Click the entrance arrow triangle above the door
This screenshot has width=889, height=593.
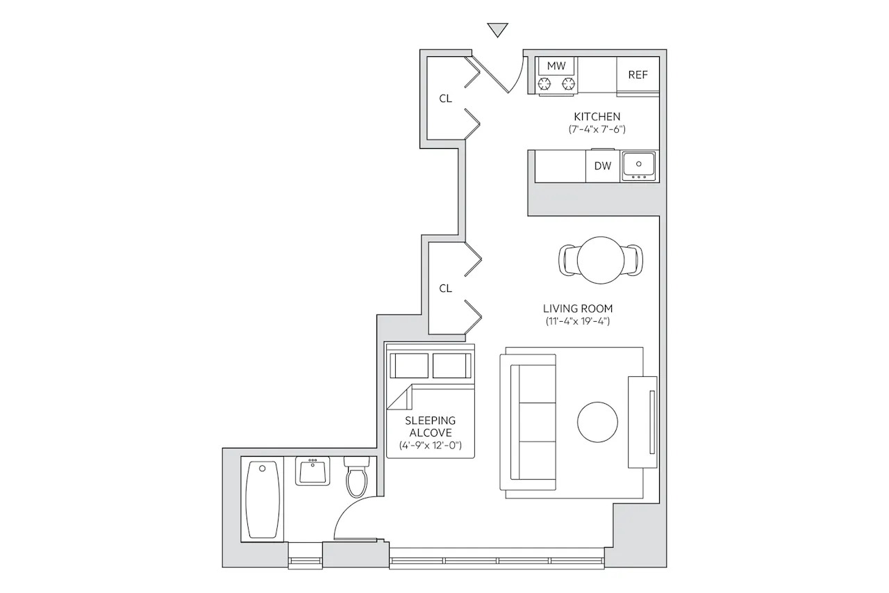pyautogui.click(x=498, y=29)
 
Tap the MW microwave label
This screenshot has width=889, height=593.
pyautogui.click(x=556, y=66)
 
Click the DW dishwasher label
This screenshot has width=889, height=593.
pyautogui.click(x=602, y=166)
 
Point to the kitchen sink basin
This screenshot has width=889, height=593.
pyautogui.click(x=638, y=166)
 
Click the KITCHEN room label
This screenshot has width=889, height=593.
pyautogui.click(x=597, y=117)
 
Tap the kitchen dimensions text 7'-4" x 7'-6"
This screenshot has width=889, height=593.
pyautogui.click(x=597, y=129)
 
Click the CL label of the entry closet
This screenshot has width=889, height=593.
pyautogui.click(x=445, y=99)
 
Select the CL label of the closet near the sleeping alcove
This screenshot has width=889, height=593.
pyautogui.click(x=445, y=289)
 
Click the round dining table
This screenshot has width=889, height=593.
pyautogui.click(x=601, y=260)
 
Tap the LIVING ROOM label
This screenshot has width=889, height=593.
pyautogui.click(x=577, y=309)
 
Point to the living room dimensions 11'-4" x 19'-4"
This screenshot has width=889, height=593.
pyautogui.click(x=577, y=321)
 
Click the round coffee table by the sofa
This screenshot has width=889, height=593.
pyautogui.click(x=597, y=422)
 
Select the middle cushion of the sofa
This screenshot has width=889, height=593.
pyautogui.click(x=537, y=422)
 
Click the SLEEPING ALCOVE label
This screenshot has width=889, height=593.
pyautogui.click(x=430, y=427)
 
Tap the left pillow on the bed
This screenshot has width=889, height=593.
pyautogui.click(x=409, y=366)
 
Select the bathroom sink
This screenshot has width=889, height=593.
pyautogui.click(x=313, y=471)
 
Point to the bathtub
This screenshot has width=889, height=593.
pyautogui.click(x=262, y=499)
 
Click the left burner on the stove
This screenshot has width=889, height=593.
pyautogui.click(x=544, y=84)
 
